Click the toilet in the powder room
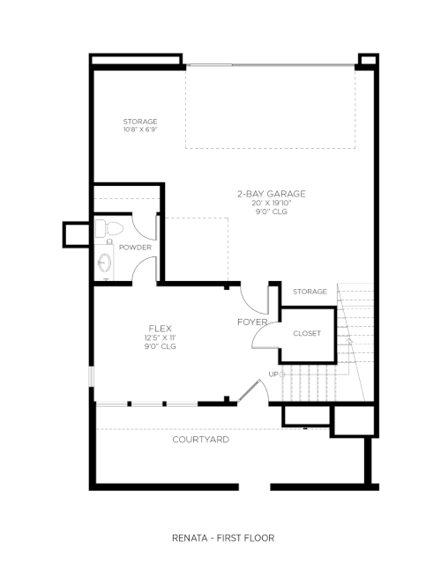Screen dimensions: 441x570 pyautogui.click(x=109, y=228)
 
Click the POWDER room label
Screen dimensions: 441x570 pyautogui.click(x=135, y=248)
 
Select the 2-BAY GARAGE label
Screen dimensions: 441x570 pyautogui.click(x=272, y=194)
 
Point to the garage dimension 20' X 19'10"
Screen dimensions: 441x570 pyautogui.click(x=272, y=204)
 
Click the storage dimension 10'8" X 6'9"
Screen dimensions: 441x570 pyautogui.click(x=140, y=130)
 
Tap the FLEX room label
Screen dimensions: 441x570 pyautogui.click(x=161, y=329)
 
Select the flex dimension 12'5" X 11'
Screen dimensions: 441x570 pyautogui.click(x=161, y=337)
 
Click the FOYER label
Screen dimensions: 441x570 pyautogui.click(x=252, y=322)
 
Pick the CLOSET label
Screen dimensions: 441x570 pyautogui.click(x=307, y=333)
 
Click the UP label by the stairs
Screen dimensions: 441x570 pyautogui.click(x=273, y=374)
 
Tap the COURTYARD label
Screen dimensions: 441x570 pyautogui.click(x=201, y=440)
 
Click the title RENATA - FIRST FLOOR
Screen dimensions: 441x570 pyautogui.click(x=223, y=538)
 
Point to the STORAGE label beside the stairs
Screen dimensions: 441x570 pyautogui.click(x=310, y=292)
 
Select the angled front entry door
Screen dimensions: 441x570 pyautogui.click(x=249, y=391)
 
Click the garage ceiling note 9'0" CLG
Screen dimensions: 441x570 pyautogui.click(x=272, y=211)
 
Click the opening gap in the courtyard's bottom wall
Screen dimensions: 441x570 pyautogui.click(x=254, y=487)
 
